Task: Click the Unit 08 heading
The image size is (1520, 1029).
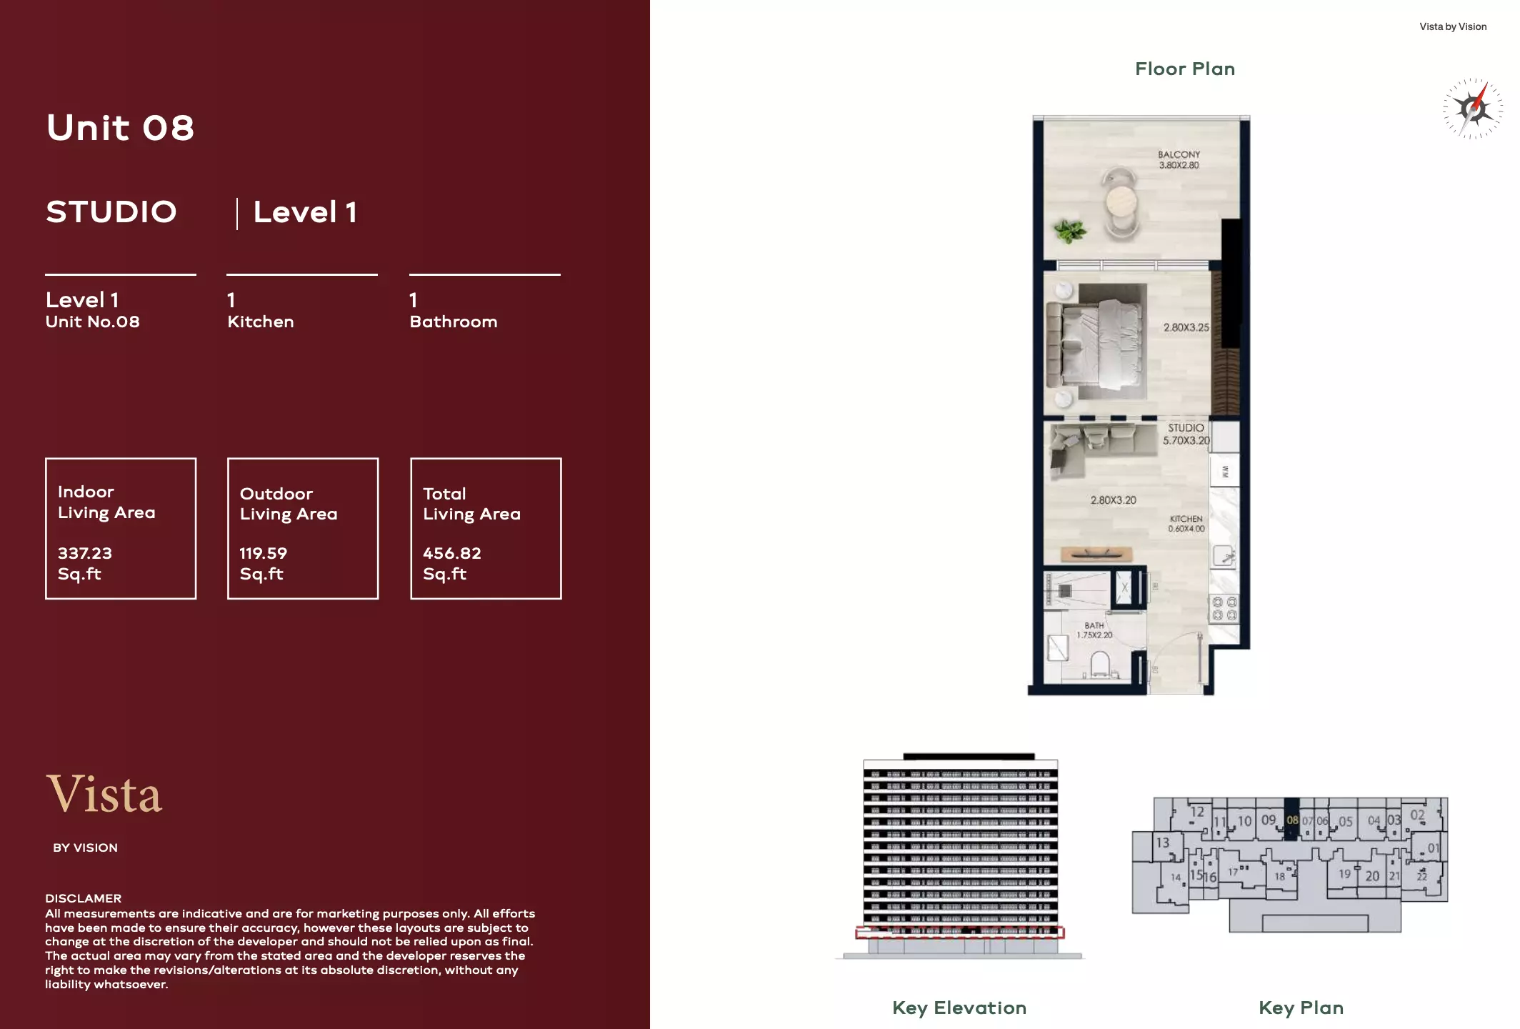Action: click(120, 128)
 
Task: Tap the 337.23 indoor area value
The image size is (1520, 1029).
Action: click(85, 553)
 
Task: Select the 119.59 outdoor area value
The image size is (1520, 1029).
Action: click(263, 553)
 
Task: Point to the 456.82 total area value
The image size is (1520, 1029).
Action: click(451, 553)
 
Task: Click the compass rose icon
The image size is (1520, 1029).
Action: click(1473, 109)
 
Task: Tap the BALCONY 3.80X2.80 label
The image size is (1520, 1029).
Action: click(1179, 159)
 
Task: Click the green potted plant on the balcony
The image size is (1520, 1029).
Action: click(1069, 231)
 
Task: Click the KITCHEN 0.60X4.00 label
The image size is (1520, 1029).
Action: click(1186, 524)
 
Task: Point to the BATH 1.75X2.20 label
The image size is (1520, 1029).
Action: click(1094, 630)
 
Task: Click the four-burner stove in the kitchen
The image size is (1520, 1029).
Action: click(1224, 609)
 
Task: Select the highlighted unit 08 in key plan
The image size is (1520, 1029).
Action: click(1291, 820)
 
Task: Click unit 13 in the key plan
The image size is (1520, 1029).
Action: click(1163, 842)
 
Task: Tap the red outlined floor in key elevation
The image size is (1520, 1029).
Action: click(959, 933)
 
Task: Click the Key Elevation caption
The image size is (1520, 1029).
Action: click(959, 1008)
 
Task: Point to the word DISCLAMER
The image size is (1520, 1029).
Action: click(83, 898)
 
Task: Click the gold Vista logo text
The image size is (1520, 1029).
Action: click(104, 794)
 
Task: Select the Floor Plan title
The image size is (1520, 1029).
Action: click(1184, 69)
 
